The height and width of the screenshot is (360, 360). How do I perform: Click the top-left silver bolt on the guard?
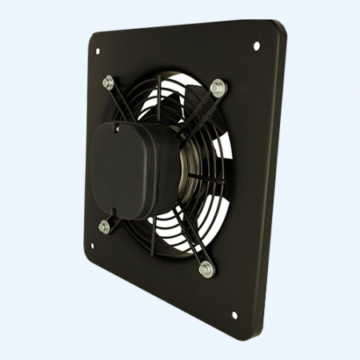[x=108, y=80]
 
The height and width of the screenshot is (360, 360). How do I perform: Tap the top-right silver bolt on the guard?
[x=216, y=85]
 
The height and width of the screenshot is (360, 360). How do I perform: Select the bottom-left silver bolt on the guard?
[x=104, y=226]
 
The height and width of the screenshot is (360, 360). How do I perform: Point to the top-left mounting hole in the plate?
[x=98, y=51]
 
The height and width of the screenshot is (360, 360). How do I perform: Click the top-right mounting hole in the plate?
[x=257, y=46]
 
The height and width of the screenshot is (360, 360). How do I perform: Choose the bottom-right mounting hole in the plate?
[x=234, y=315]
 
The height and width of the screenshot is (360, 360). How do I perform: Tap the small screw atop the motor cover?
[x=118, y=125]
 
